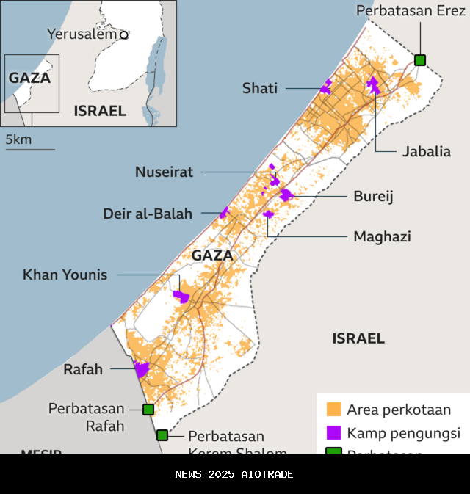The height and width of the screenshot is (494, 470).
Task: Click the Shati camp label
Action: pos(260,88)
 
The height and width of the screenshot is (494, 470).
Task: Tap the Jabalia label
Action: pos(426,152)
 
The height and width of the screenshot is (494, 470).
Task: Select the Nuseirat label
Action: pos(164,172)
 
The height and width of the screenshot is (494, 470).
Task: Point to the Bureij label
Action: pos(373,196)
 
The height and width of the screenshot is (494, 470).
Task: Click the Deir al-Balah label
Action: pos(147,214)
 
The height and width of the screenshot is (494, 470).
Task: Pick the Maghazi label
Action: pos(382,236)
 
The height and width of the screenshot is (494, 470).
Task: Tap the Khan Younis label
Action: pos(65,275)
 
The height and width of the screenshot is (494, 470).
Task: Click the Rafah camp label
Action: pos(83,369)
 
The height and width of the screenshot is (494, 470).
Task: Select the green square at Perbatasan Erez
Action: pos(420,60)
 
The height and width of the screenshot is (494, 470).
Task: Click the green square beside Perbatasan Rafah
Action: pos(148,409)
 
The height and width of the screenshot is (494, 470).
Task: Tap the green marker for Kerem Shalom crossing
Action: pos(162,435)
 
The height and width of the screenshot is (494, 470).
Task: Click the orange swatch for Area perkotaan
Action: pos(334,409)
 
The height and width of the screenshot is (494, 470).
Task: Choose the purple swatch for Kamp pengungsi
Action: pos(334,432)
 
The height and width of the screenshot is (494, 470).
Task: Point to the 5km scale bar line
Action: pos(30,150)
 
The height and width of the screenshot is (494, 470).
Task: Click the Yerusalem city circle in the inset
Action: pos(124,34)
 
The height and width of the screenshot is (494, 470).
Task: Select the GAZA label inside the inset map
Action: pos(29,78)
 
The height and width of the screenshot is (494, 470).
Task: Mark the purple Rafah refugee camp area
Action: pos(141,369)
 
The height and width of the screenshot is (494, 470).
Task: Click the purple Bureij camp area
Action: pos(286,195)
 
